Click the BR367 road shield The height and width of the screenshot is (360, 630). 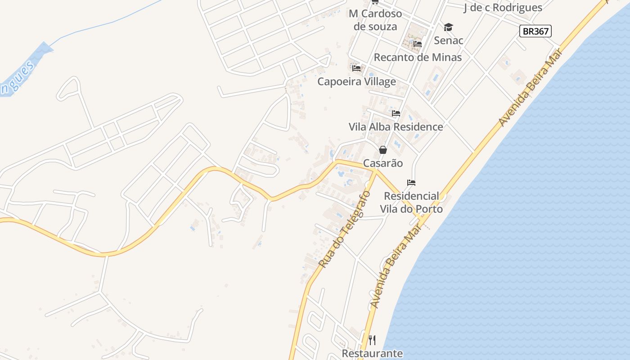[535, 31]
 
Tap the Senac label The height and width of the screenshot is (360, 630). [449, 40]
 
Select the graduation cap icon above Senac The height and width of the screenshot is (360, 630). [448, 27]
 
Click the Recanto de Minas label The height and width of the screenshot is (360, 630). [418, 58]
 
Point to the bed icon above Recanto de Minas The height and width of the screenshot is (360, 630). [418, 44]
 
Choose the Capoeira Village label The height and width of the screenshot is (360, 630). [356, 81]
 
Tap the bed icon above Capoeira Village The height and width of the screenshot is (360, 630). [356, 68]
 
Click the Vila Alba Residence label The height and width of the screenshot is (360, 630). [396, 127]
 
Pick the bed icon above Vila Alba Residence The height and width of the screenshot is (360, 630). [396, 113]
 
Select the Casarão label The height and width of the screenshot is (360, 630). [382, 163]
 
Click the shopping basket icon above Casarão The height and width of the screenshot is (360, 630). [382, 150]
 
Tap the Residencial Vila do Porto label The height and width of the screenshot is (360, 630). [411, 202]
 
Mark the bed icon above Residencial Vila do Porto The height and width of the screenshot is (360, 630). [411, 183]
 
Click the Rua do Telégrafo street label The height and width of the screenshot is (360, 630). [345, 229]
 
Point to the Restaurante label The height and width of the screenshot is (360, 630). [372, 354]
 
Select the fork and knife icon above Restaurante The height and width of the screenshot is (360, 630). [372, 340]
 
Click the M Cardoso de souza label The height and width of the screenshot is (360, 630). [375, 20]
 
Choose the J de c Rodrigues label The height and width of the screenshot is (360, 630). [503, 8]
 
